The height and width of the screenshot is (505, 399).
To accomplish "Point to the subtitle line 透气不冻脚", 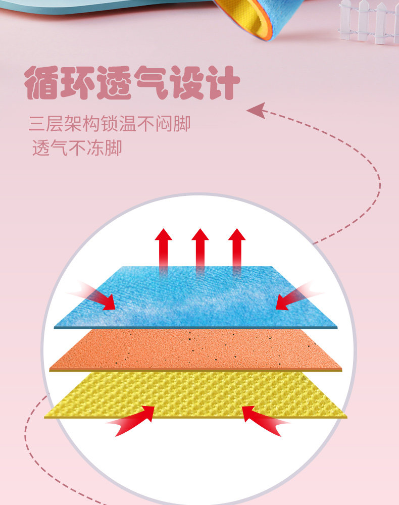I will [x=77, y=148].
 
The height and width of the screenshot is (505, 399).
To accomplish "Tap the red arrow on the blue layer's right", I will [x=295, y=297].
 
